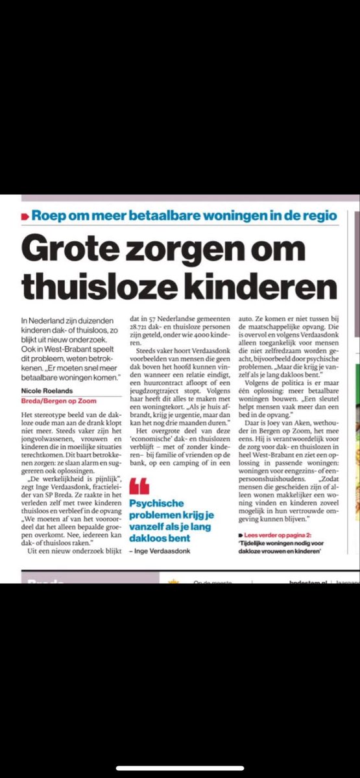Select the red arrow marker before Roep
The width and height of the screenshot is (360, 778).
(x=25, y=215)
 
